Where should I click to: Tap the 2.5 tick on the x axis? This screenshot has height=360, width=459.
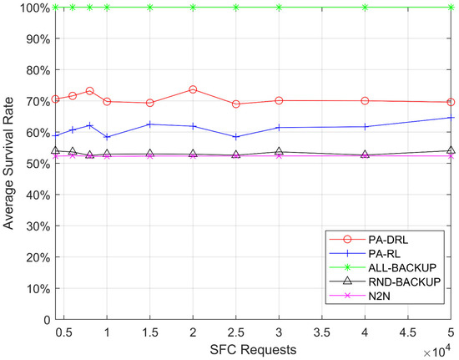(x=236, y=331)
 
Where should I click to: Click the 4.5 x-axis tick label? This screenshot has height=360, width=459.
(x=408, y=331)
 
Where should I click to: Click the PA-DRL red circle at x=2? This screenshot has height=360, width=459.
(x=193, y=89)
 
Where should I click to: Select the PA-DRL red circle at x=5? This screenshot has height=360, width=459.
(x=451, y=102)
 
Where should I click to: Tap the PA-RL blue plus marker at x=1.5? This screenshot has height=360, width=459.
(x=150, y=124)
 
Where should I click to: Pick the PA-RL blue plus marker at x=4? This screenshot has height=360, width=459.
(x=365, y=126)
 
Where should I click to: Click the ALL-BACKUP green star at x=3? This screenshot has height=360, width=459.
(x=279, y=8)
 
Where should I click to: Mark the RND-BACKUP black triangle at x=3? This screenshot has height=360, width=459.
(x=279, y=151)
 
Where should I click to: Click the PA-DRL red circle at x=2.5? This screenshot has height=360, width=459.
(x=236, y=104)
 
